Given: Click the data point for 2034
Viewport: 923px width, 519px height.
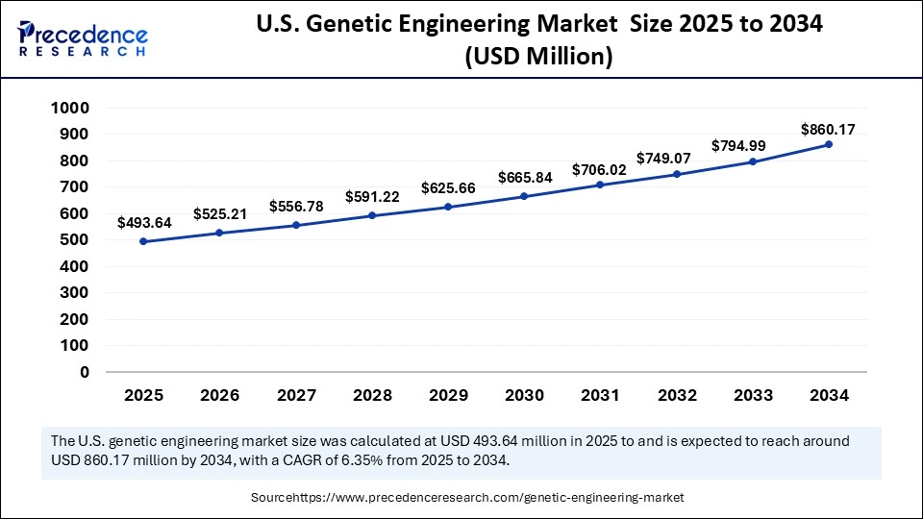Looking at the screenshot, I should pyautogui.click(x=829, y=144).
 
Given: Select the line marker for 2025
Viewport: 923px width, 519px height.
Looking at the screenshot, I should pyautogui.click(x=143, y=241).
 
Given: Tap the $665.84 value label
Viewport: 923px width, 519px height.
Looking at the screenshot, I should pyautogui.click(x=524, y=178).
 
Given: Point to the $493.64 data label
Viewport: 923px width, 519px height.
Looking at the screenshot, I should pyautogui.click(x=144, y=223).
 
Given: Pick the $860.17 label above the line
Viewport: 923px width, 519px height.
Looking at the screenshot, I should pyautogui.click(x=829, y=129).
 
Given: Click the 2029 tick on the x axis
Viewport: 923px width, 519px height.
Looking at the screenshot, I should pyautogui.click(x=448, y=395).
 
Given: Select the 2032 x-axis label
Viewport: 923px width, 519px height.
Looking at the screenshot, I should pyautogui.click(x=677, y=395).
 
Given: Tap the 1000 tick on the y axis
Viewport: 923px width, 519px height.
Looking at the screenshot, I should pyautogui.click(x=70, y=109).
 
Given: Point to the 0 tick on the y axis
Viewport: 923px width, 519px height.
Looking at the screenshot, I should pyautogui.click(x=85, y=372).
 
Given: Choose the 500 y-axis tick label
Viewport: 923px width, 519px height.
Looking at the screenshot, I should pyautogui.click(x=75, y=240).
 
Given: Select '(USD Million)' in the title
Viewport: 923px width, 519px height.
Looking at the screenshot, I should pyautogui.click(x=538, y=57).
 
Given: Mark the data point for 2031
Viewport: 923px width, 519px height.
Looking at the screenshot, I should pyautogui.click(x=600, y=185).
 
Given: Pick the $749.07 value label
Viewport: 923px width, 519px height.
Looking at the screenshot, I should pyautogui.click(x=677, y=158).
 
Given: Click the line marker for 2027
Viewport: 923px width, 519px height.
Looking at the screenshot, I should pyautogui.click(x=296, y=225).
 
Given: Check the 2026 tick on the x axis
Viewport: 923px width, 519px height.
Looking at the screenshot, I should pyautogui.click(x=219, y=395).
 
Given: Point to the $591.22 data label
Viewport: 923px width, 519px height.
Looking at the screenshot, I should pyautogui.click(x=372, y=197).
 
